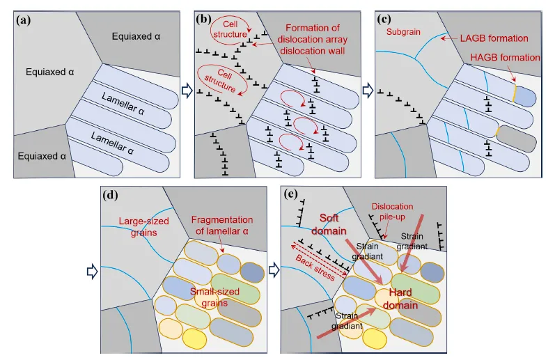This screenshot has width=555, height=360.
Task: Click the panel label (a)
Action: pos(24,19)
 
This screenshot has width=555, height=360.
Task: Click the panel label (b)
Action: pos(204,19)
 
